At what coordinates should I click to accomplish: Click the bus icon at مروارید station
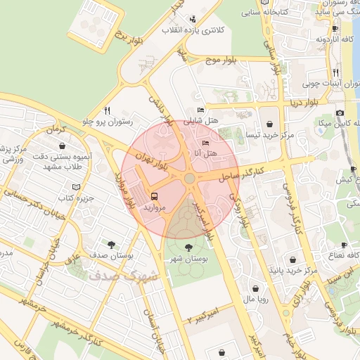pos(154,197)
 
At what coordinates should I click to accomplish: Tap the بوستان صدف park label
pos(108,255)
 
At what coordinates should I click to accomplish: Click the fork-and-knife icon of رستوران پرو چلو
pos(107,110)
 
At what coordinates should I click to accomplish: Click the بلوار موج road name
pos(219,62)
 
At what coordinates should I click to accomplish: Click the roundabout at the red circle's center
pos(189,179)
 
